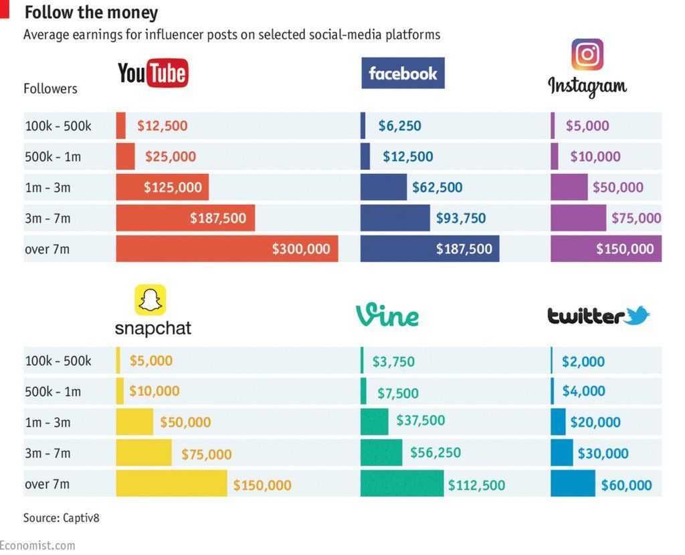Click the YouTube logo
tap(153, 74)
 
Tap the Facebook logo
tap(403, 74)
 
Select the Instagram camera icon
tap(587, 55)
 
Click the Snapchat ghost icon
tap(151, 300)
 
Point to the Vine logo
tap(387, 315)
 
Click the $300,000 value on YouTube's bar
tap(300, 249)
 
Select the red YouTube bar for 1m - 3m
tap(162, 187)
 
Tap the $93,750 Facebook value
tap(461, 218)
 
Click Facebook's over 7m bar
tap(429, 249)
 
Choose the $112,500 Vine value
tap(476, 485)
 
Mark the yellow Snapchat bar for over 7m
tap(171, 483)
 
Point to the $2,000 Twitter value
tap(583, 362)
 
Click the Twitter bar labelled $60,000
tap(573, 483)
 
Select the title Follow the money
tap(91, 13)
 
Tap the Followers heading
tap(50, 89)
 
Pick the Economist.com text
tap(37, 546)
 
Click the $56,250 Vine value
tap(435, 453)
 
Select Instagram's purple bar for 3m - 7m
tap(578, 218)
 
